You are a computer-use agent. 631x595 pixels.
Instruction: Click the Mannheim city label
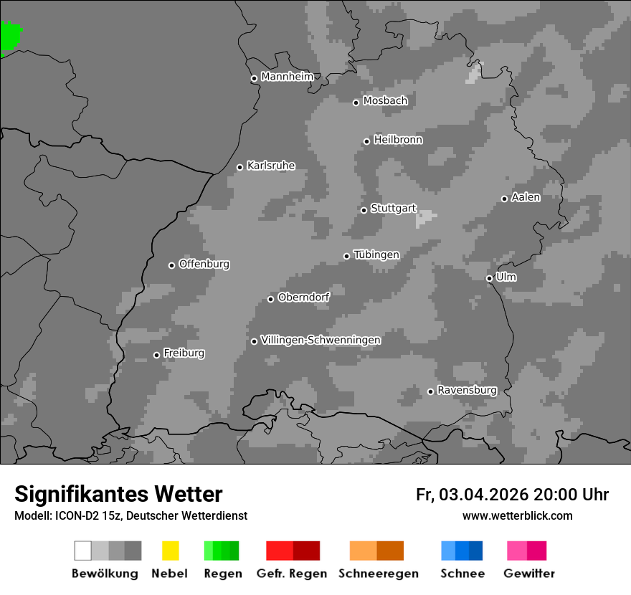[288, 77]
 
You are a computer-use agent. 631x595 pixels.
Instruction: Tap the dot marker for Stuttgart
[364, 210]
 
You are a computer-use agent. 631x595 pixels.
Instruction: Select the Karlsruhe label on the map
[271, 166]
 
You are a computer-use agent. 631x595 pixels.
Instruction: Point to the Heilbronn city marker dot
[366, 141]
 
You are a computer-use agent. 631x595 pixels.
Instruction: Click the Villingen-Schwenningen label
[321, 340]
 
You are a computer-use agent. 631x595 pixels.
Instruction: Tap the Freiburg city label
[184, 353]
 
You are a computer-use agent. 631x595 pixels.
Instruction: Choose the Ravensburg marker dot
[430, 391]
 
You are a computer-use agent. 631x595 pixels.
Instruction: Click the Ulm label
[506, 277]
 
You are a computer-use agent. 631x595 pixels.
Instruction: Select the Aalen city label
[526, 197]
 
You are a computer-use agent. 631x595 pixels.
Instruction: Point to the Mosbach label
[385, 101]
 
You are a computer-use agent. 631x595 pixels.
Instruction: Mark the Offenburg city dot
[171, 265]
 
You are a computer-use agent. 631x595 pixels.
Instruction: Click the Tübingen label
[376, 254]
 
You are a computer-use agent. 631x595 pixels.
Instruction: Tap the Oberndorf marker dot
[270, 299]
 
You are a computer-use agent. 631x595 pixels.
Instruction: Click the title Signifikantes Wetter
[118, 494]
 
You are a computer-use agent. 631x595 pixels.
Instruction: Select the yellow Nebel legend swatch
[170, 551]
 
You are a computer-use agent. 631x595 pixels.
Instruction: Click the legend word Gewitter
[529, 573]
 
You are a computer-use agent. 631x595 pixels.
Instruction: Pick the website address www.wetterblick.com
[517, 515]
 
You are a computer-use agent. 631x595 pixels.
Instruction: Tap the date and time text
[512, 495]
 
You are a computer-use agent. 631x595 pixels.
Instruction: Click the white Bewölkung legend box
[82, 551]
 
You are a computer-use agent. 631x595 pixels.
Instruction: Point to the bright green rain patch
[10, 36]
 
